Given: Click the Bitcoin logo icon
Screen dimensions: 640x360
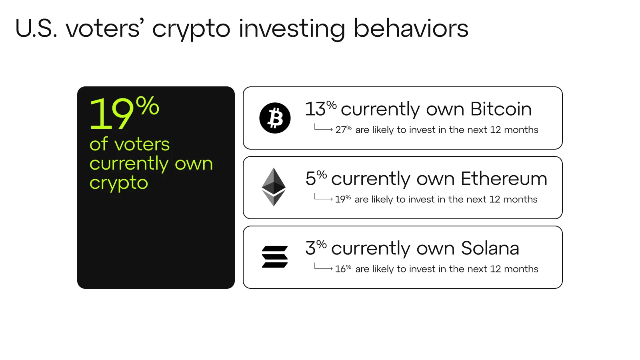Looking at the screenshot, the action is pyautogui.click(x=275, y=118).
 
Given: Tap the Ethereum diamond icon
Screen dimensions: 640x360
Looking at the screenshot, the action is pyautogui.click(x=274, y=187).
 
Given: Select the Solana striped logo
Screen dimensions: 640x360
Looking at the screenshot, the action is pyautogui.click(x=274, y=256).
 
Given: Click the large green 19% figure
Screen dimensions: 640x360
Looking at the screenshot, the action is pyautogui.click(x=124, y=112).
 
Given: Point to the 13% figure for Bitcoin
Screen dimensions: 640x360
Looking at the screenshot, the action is pyautogui.click(x=321, y=108).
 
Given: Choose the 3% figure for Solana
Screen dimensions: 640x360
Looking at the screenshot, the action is pyautogui.click(x=316, y=248).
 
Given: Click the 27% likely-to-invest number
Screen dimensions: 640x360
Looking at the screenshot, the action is pyautogui.click(x=344, y=130).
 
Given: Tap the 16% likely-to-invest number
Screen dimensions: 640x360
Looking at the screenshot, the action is pyautogui.click(x=343, y=269).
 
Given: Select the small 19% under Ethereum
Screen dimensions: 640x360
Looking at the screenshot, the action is pyautogui.click(x=343, y=199).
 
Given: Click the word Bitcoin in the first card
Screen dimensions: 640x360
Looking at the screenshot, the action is pyautogui.click(x=501, y=109).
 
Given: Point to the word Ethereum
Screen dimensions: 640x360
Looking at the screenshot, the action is pyautogui.click(x=504, y=178).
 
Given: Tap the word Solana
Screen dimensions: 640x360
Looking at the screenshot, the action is pyautogui.click(x=490, y=248).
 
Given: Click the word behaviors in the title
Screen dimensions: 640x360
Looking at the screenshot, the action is pyautogui.click(x=411, y=28).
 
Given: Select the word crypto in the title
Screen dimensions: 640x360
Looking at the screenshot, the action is pyautogui.click(x=191, y=30).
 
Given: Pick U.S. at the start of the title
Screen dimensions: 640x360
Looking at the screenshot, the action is pyautogui.click(x=36, y=28).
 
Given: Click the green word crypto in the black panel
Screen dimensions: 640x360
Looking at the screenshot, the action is pyautogui.click(x=119, y=183).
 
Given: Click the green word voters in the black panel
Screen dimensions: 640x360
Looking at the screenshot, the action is pyautogui.click(x=142, y=144).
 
